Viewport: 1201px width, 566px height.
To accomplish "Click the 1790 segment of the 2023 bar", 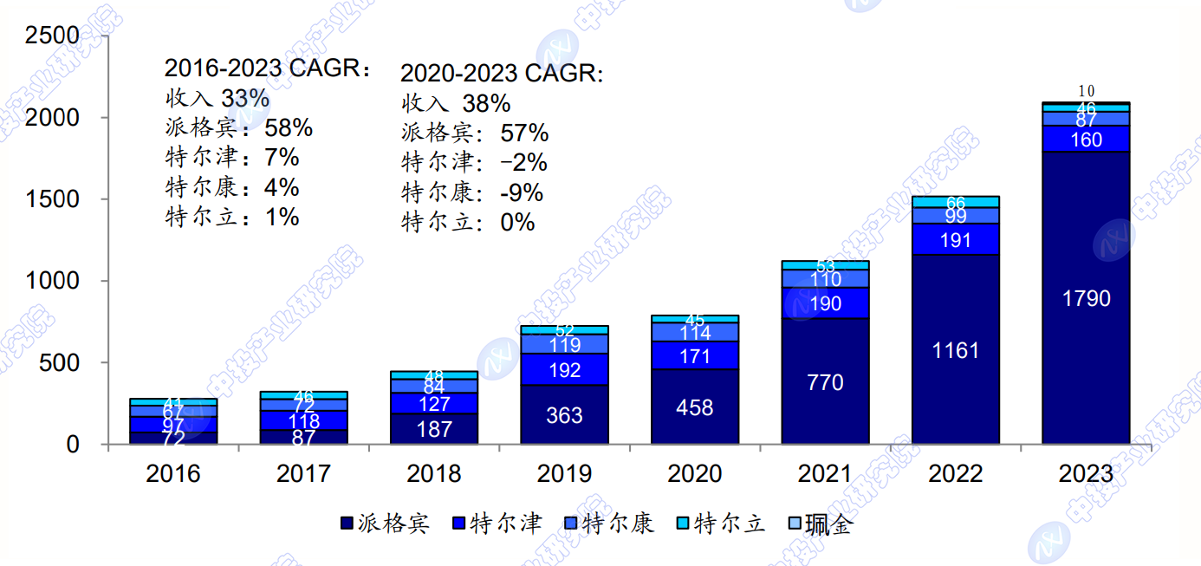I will point(1086,298).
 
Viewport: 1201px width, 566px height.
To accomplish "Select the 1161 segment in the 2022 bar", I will point(956,350).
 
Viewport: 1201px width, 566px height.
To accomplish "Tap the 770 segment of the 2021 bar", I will point(825,382).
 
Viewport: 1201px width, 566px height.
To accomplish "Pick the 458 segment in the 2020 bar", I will point(695,407).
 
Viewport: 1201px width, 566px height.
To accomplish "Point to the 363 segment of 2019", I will point(565,415).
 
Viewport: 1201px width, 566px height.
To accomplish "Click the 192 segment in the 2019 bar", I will point(565,370).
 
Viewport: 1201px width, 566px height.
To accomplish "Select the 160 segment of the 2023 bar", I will point(1086,139).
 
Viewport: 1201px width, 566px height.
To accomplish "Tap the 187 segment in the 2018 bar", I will point(434,429).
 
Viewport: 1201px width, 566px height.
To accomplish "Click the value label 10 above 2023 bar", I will point(1086,91).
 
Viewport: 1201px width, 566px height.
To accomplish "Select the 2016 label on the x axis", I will point(173,474).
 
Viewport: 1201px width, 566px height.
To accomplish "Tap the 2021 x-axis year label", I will point(825,474).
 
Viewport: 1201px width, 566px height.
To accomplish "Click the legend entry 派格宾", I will point(385,524).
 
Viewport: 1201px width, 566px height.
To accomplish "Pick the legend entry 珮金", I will point(819,524).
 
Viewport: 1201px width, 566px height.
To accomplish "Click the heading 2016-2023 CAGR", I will point(267,68).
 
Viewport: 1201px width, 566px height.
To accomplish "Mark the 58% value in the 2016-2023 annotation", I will point(289,128).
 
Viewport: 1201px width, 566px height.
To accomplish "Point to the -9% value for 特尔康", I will point(522,192).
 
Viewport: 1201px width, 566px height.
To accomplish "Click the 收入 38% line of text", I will point(456,104).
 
